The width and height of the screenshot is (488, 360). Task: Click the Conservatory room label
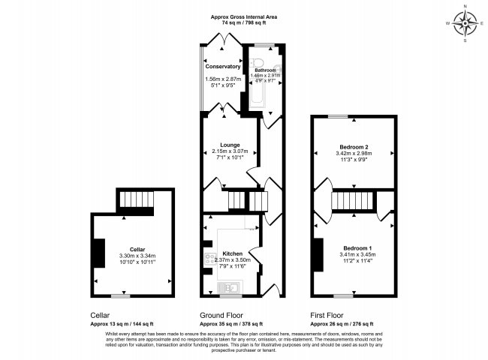pos(221,66)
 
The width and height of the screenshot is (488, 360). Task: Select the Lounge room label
pos(229,144)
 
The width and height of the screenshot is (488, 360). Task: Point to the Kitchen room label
pos(232,254)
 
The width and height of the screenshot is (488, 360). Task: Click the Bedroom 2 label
pos(354,147)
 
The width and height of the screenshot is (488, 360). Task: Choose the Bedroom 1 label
pos(357,247)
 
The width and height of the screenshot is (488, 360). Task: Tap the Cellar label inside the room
pos(137,249)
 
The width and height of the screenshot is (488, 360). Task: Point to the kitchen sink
pos(233,286)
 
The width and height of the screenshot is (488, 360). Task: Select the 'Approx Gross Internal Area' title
pos(244,16)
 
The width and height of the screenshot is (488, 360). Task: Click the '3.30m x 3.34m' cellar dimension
pos(137,256)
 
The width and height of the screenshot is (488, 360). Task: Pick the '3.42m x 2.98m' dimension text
pos(354,154)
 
